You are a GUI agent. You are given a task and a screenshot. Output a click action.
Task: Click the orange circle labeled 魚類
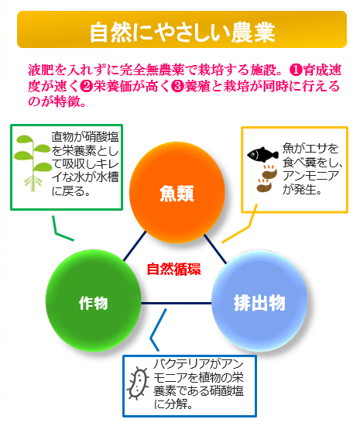[x=177, y=191]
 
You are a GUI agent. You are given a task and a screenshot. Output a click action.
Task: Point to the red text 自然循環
[x=173, y=270]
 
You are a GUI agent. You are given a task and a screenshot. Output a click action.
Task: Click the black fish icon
[x=262, y=154]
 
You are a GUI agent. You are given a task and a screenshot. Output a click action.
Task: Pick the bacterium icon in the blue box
[x=138, y=383]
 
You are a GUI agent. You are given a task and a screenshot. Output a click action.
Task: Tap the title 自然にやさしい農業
[x=183, y=33]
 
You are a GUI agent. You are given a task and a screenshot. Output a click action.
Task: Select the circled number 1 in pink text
[x=297, y=70]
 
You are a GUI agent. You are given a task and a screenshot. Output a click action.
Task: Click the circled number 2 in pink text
[x=87, y=86]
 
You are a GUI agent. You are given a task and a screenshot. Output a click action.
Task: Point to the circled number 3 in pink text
[x=178, y=86]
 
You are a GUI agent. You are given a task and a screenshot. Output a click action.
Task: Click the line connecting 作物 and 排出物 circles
[x=177, y=303]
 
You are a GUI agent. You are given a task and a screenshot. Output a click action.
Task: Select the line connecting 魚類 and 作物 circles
[x=135, y=246]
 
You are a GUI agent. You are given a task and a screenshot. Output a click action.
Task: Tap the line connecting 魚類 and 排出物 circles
[x=215, y=249]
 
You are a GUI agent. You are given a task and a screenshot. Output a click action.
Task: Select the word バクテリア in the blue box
[x=180, y=364]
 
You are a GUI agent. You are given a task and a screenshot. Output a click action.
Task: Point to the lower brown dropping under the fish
[x=264, y=187]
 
